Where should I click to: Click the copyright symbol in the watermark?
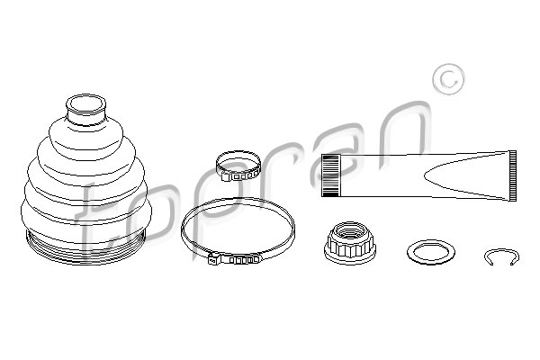pyautogui.click(x=448, y=79)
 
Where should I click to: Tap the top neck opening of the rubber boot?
pyautogui.click(x=85, y=103)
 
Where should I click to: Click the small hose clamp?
pyautogui.click(x=238, y=166)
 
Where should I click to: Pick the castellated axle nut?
pyautogui.click(x=350, y=243)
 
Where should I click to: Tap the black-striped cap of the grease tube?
pyautogui.click(x=330, y=175)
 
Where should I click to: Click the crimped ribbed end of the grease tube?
pyautogui.click(x=512, y=175)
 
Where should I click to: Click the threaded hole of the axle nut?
pyautogui.click(x=349, y=229)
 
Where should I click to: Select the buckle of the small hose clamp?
pyautogui.click(x=238, y=176)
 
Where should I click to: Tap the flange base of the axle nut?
pyautogui.click(x=350, y=255)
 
